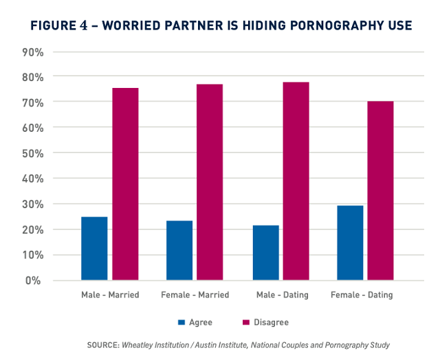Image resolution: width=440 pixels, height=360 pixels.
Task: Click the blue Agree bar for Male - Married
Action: click(x=94, y=249)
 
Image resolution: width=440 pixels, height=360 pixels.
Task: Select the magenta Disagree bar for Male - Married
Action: click(x=126, y=184)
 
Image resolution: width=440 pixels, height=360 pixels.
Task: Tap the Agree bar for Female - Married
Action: click(x=179, y=251)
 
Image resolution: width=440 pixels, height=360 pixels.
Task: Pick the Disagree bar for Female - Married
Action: click(x=211, y=182)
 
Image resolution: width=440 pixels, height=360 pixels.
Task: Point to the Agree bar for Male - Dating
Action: click(x=265, y=253)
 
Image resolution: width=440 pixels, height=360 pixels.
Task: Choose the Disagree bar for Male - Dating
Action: click(x=296, y=181)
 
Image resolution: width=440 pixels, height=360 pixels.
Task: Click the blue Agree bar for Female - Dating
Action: click(x=351, y=243)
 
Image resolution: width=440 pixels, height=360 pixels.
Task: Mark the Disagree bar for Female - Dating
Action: click(x=380, y=191)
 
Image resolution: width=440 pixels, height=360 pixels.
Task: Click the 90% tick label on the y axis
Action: click(x=33, y=52)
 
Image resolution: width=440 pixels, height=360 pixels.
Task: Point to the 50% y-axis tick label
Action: click(x=33, y=153)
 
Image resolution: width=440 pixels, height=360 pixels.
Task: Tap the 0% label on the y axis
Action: click(x=36, y=280)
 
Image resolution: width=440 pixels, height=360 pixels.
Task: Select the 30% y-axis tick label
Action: click(x=33, y=204)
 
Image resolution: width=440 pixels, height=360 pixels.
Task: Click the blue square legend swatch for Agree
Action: click(x=181, y=322)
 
